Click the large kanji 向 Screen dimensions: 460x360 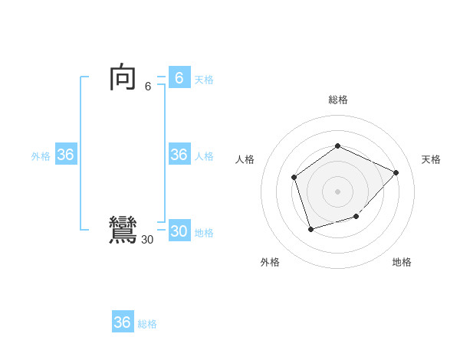click(123, 78)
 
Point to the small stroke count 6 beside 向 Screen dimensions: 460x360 click(148, 87)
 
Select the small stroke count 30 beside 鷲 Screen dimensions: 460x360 click(147, 240)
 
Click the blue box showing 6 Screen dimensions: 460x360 click(179, 77)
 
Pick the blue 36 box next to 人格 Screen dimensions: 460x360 click(179, 155)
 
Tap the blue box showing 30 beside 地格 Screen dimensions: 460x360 click(179, 231)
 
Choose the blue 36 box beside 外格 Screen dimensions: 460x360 click(66, 155)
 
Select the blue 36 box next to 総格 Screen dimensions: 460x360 click(123, 322)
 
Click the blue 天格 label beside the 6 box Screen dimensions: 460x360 click(204, 80)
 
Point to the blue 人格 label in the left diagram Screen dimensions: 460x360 click(204, 156)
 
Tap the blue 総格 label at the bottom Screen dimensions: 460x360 click(147, 324)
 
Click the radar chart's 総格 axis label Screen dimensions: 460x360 click(337, 100)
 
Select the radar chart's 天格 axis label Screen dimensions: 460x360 click(431, 159)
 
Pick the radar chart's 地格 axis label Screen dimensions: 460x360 click(402, 262)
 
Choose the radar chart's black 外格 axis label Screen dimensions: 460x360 click(270, 262)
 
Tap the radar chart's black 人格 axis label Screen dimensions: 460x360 click(245, 159)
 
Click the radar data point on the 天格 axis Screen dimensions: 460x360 click(396, 172)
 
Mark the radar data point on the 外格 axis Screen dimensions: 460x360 click(310, 229)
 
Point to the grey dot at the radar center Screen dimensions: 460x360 click(337, 191)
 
